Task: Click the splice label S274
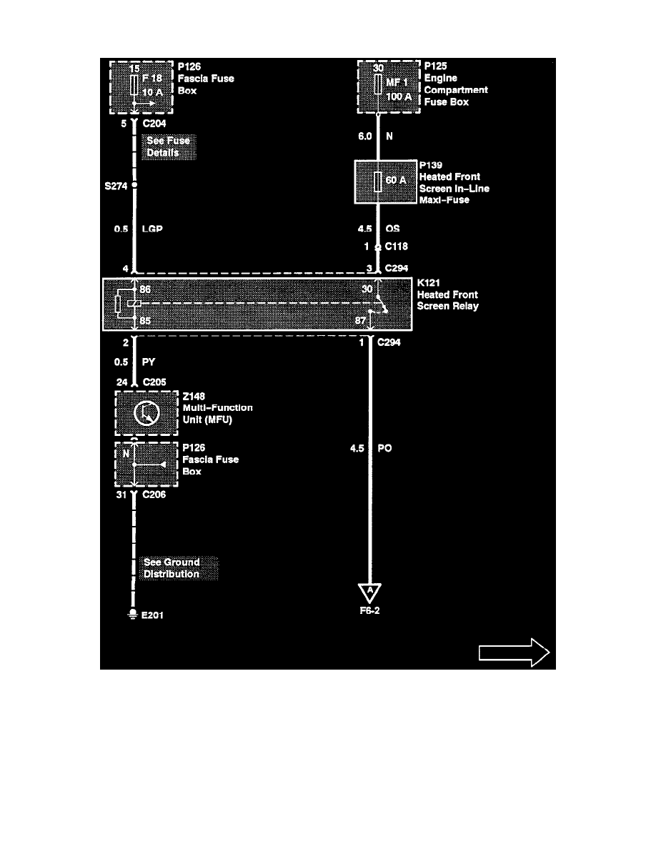pos(115,185)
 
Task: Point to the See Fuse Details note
pos(169,147)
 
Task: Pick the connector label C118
pos(397,247)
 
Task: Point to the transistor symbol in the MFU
pos(146,414)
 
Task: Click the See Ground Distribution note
pos(172,569)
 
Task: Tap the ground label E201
pos(152,615)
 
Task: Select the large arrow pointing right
pos(514,651)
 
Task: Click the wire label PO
pos(384,449)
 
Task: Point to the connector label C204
pos(155,122)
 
